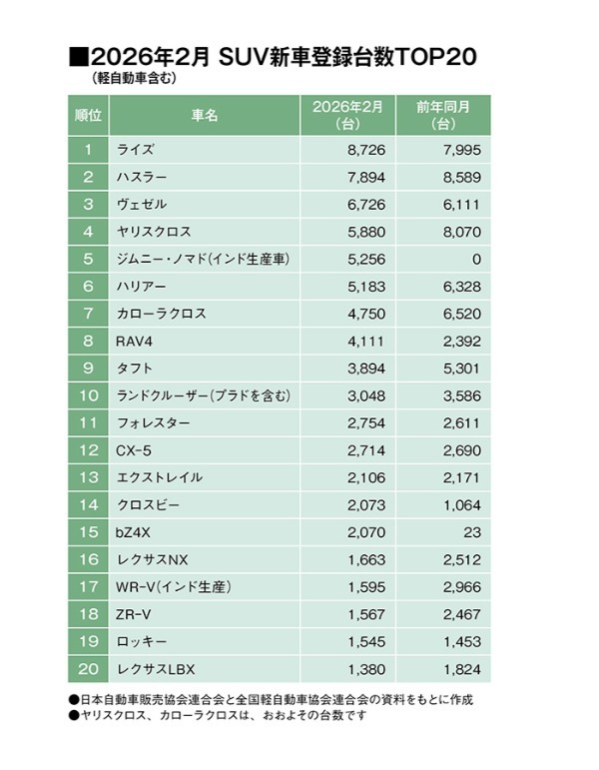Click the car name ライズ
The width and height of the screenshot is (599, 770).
point(136,150)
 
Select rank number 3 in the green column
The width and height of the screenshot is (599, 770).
point(89,205)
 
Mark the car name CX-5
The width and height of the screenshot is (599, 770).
point(135,449)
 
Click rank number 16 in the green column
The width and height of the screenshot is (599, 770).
point(89,558)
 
